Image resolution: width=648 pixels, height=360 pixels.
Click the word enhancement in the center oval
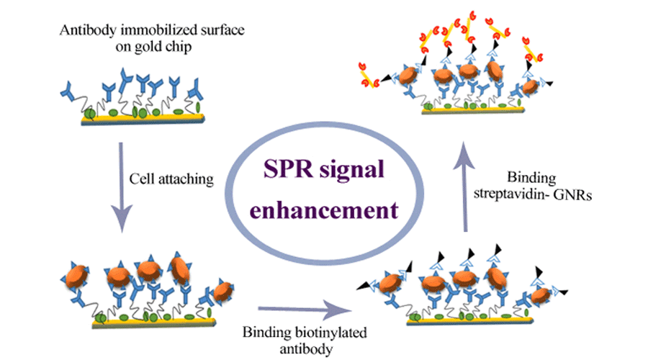click(325, 210)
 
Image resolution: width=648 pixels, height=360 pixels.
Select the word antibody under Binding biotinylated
click(300, 346)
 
